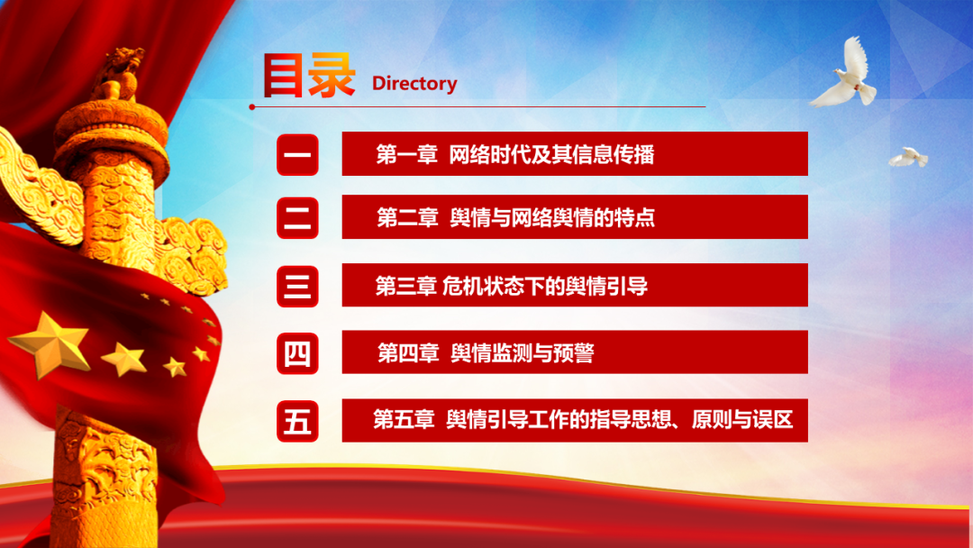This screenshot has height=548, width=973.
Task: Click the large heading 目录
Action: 308,76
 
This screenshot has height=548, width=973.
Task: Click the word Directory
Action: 414,83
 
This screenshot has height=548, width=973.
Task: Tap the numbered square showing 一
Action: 297,154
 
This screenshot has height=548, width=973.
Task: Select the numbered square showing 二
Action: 297,218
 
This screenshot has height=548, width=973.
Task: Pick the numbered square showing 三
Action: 297,286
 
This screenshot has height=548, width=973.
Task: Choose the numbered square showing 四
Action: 297,353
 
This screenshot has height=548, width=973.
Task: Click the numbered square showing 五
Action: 297,421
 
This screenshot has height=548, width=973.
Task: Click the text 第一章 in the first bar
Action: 407,154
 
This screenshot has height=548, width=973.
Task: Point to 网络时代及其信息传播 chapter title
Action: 551,154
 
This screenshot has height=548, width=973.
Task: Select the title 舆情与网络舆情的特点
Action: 552,218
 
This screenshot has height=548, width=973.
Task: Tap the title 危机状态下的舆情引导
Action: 545,286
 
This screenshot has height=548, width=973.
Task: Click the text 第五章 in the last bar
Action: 404,420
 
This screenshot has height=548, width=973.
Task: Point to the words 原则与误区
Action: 742,420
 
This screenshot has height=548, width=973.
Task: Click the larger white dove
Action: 846,73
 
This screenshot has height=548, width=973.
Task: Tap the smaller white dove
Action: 908,157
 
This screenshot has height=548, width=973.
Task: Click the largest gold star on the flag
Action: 50,344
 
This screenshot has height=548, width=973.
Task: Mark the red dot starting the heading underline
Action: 252,107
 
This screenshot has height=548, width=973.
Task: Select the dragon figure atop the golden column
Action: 118,73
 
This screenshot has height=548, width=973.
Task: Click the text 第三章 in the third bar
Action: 406,286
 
